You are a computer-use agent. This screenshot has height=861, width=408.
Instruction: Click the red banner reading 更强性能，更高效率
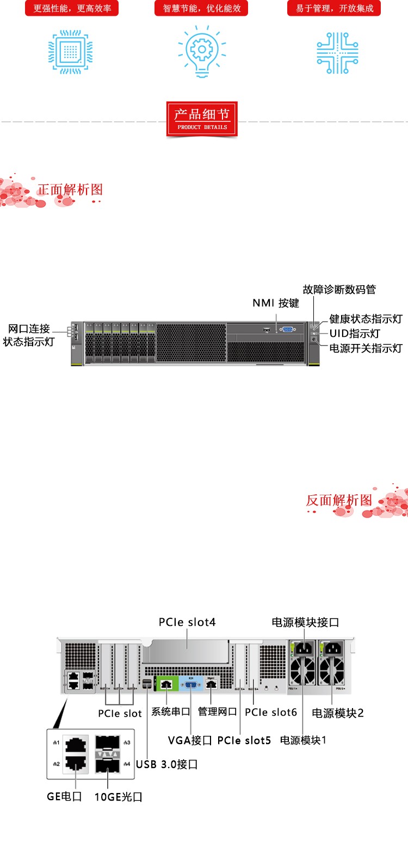72,8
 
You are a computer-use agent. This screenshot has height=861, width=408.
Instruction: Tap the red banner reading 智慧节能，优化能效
201,8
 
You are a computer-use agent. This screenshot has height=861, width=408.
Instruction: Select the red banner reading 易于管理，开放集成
334,8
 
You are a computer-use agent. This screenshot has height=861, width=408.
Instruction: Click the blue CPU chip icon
71,52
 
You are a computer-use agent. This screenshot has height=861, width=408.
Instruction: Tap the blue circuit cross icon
337,53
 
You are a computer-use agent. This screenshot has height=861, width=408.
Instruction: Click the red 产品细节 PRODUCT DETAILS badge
202,119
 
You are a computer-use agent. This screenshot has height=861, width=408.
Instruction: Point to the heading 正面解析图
70,189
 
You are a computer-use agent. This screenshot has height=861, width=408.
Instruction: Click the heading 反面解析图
339,500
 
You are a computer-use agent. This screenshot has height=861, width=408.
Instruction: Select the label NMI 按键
276,303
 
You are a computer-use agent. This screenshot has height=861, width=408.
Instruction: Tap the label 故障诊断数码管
339,290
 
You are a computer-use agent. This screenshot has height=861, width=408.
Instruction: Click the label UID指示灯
354,334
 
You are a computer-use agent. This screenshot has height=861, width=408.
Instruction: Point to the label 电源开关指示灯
366,348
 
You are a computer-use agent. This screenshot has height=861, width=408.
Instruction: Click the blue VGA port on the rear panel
191,684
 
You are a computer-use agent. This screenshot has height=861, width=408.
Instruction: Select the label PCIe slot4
187,622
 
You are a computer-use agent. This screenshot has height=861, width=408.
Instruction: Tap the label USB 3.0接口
166,764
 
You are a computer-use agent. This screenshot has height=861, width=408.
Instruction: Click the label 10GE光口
118,797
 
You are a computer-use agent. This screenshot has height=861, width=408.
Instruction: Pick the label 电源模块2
337,713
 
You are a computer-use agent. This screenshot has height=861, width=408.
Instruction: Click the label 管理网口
217,711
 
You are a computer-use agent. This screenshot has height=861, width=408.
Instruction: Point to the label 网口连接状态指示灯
29,335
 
